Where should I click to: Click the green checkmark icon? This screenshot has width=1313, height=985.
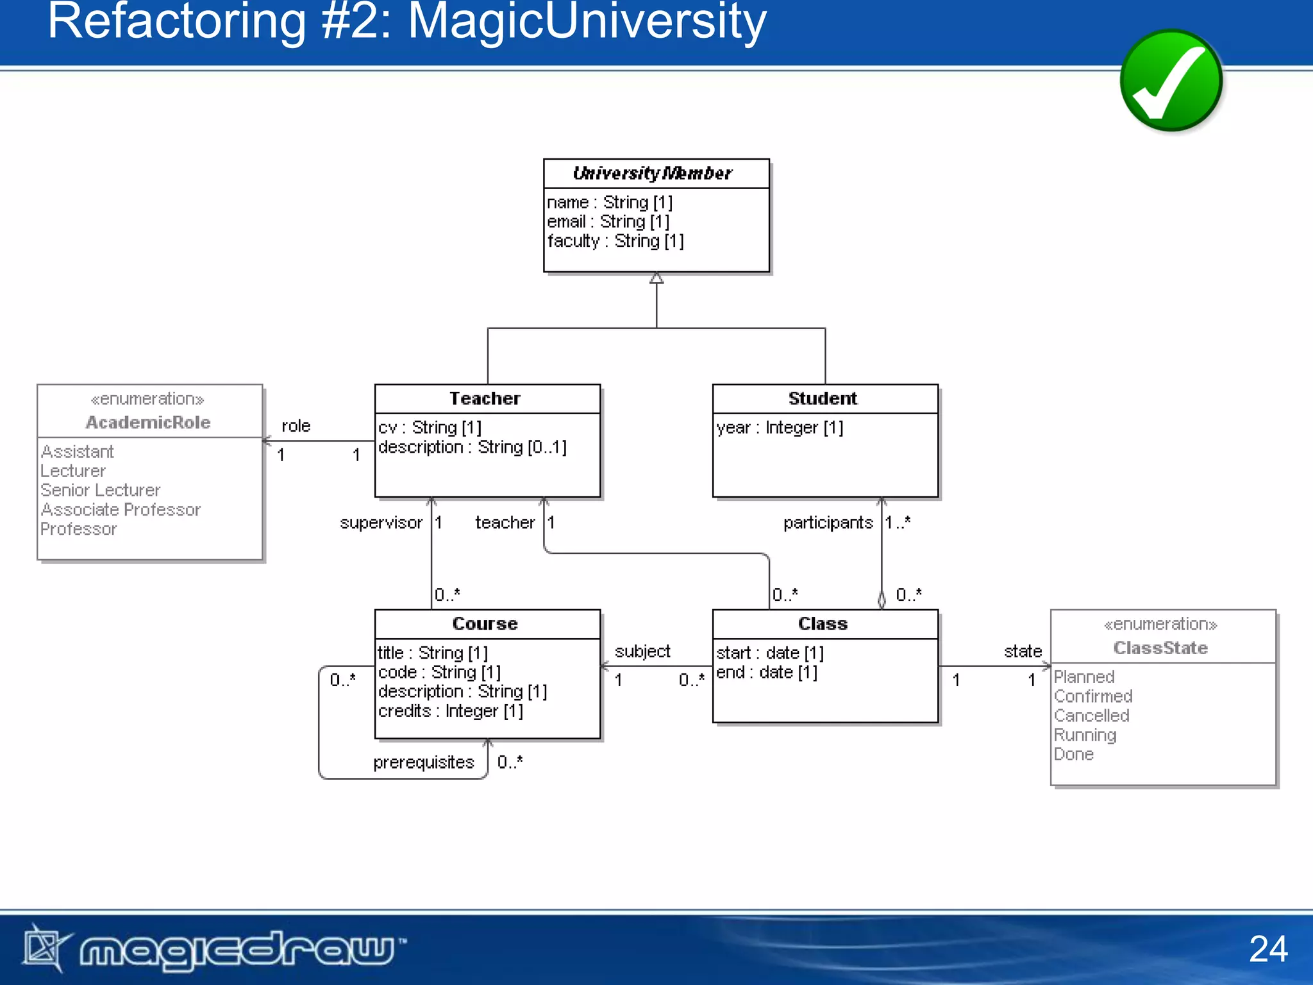1171,81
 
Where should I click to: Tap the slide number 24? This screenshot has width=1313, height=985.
1267,948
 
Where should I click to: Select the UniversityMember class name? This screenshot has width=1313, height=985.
652,173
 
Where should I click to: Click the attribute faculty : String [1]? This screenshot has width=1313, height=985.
615,241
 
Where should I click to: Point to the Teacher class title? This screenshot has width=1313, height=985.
485,398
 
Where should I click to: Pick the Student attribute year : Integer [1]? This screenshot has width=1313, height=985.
779,428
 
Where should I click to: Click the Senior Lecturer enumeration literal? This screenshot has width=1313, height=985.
100,491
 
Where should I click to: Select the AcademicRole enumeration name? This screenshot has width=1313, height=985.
148,423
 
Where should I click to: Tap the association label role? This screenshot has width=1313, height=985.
296,426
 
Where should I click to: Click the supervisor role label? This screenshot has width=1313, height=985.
381,523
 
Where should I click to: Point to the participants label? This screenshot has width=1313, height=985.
828,523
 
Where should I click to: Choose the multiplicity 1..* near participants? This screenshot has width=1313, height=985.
898,523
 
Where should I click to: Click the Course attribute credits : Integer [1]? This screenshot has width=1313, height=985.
450,711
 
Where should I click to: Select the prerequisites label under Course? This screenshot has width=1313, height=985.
423,762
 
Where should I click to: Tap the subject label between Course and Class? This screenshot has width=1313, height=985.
642,652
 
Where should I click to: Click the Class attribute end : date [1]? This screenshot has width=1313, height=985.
766,673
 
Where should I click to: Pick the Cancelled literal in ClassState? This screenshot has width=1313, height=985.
1091,716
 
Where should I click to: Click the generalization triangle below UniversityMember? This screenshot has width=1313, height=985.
656,278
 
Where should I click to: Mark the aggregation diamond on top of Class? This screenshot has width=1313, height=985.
882,600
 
